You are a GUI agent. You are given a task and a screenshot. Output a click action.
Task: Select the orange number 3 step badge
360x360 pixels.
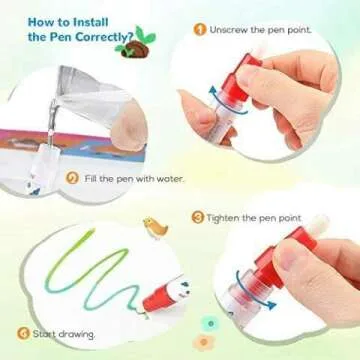(x=198, y=217)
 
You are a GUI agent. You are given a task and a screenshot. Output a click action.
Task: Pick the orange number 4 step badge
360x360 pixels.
(x=22, y=332)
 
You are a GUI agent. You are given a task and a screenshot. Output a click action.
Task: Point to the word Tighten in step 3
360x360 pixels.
(x=225, y=217)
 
